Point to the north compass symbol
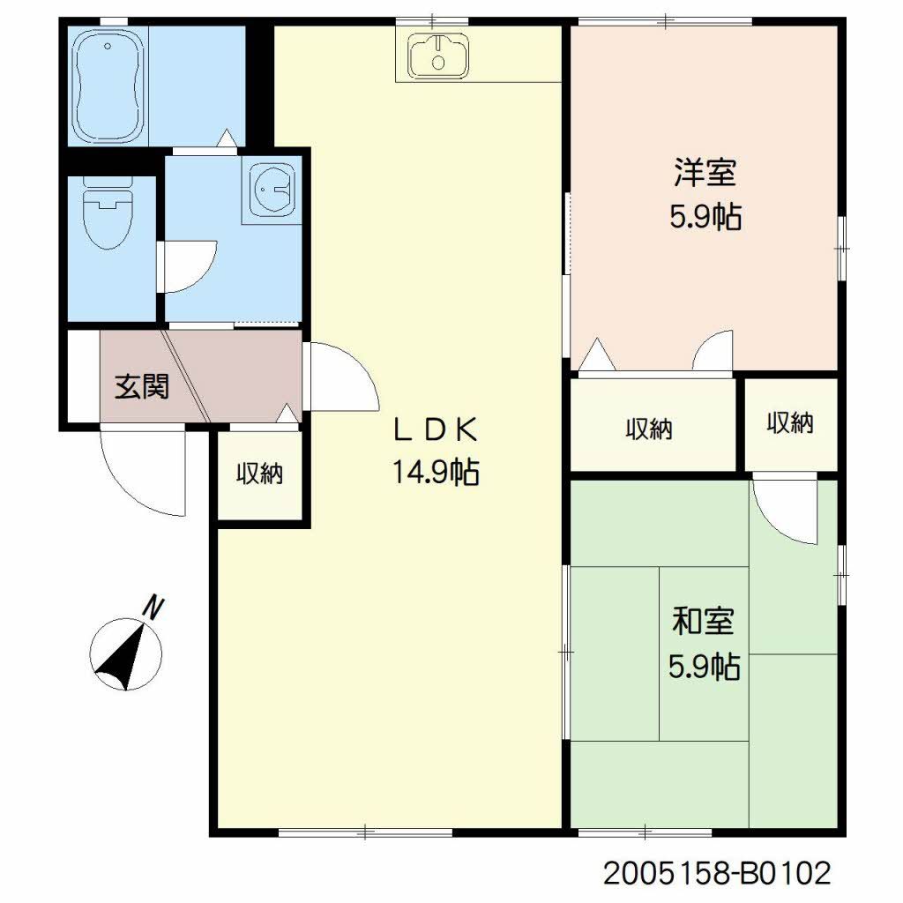coord(128,653)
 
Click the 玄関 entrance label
coord(142,386)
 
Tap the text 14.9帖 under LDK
coord(436,474)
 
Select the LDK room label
coord(436,429)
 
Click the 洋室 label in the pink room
coord(705,172)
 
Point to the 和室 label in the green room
coord(703,623)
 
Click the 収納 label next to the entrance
coord(259,474)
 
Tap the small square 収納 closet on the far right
coord(789,424)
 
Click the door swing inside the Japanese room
coord(787,511)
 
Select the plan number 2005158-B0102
coord(717,874)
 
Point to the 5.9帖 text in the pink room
coord(705,216)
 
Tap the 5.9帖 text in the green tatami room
coord(703,666)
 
